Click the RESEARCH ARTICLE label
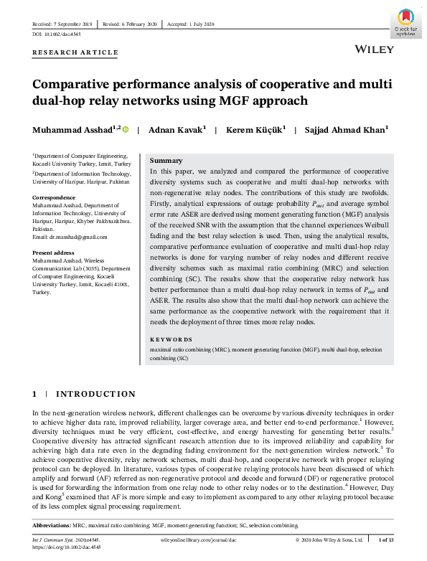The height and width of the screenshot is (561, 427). tap(75, 52)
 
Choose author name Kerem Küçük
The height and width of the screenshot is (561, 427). tap(255, 130)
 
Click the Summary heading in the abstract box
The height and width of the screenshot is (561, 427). tap(166, 161)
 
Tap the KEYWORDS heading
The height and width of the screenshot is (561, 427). tap(171, 339)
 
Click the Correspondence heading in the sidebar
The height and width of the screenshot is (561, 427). tap(54, 196)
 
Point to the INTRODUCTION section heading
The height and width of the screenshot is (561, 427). tap(95, 394)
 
